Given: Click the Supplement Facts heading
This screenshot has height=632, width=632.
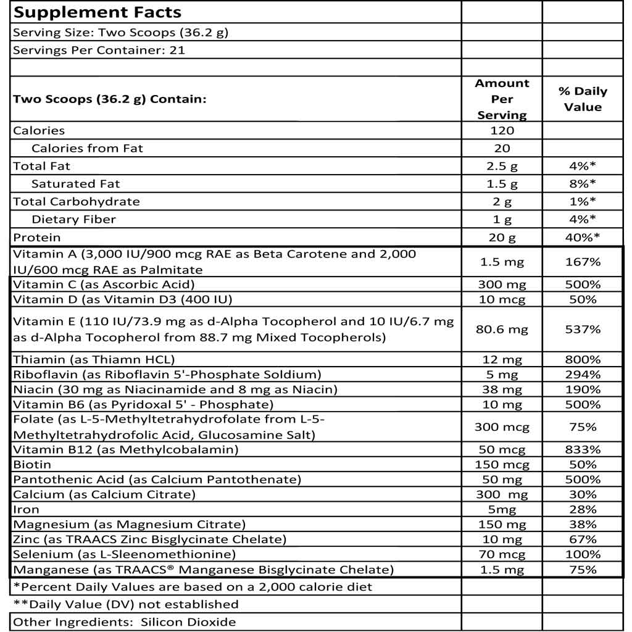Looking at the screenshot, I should (97, 12).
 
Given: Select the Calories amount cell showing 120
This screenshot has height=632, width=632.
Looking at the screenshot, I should (502, 130).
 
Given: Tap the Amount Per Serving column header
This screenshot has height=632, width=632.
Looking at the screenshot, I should (502, 99).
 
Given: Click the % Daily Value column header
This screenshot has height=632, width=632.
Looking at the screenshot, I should (583, 99).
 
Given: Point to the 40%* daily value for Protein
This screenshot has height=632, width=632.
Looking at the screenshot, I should (583, 238).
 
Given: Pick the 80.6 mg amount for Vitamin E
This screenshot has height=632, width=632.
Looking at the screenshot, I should (502, 330).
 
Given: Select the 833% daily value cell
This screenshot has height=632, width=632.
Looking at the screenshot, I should (583, 449).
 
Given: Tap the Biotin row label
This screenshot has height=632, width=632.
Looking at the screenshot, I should (32, 464).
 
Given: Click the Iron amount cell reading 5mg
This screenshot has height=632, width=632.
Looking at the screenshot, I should (502, 510).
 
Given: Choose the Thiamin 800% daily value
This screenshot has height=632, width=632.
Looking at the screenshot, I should (583, 359).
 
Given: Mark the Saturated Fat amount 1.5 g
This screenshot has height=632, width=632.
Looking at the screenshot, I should (502, 184).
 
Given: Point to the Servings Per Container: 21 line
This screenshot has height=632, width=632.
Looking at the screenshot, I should (99, 50).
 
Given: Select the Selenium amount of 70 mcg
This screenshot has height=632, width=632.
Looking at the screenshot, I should (502, 554).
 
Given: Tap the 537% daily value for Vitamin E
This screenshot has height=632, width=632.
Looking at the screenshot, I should (583, 330).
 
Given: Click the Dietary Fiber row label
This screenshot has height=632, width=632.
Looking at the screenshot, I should (73, 219).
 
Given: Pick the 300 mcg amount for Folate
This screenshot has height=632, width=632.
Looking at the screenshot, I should (502, 427).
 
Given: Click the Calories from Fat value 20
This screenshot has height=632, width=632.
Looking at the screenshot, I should (502, 148).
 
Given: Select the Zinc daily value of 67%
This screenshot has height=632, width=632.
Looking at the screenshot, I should (583, 539).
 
